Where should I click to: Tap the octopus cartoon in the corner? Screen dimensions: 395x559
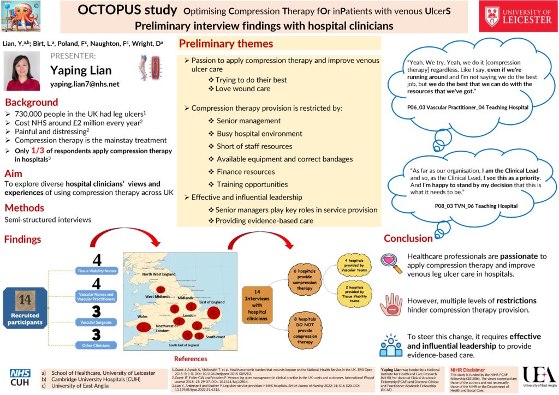(x=24, y=16)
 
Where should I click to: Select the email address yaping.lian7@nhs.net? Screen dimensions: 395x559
(x=85, y=84)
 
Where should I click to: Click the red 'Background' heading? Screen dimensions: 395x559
(x=31, y=102)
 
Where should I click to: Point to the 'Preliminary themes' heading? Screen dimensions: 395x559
(x=226, y=44)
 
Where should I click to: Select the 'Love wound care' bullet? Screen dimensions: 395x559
(x=242, y=89)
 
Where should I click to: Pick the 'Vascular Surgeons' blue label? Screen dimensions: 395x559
(x=96, y=323)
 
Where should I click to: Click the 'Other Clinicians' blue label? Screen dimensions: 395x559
(x=96, y=345)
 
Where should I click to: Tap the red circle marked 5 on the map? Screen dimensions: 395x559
(x=214, y=313)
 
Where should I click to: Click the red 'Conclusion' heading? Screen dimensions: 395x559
(x=408, y=238)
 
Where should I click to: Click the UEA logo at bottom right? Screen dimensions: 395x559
(x=538, y=376)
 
